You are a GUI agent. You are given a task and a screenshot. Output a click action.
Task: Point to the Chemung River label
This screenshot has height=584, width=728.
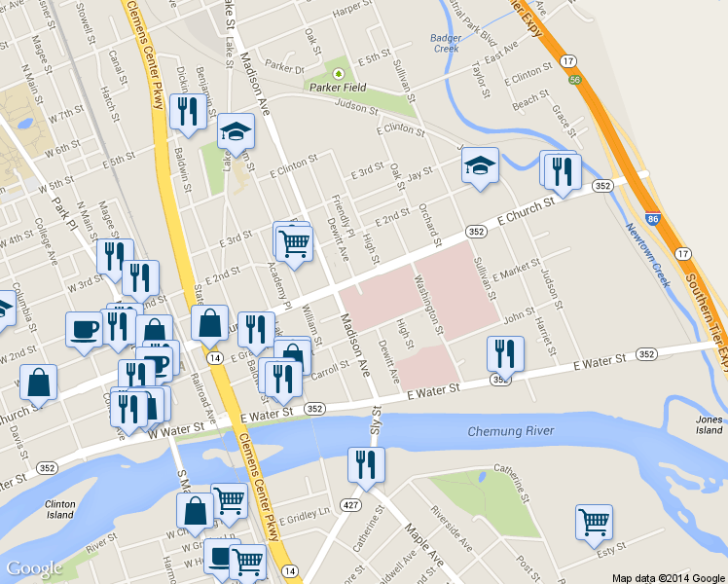[x=511, y=431]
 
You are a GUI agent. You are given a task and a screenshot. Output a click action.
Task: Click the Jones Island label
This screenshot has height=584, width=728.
[x=710, y=424]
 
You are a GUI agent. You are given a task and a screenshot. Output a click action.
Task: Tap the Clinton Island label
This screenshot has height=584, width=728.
[x=59, y=510]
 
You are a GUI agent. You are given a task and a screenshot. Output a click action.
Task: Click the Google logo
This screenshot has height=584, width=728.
[x=34, y=568]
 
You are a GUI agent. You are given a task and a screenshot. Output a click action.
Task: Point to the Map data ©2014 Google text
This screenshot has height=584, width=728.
[x=669, y=577]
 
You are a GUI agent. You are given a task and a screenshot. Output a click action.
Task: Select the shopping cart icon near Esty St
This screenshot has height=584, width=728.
[x=593, y=522]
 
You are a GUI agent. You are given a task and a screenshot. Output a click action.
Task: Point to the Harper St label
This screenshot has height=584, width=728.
[x=352, y=11]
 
